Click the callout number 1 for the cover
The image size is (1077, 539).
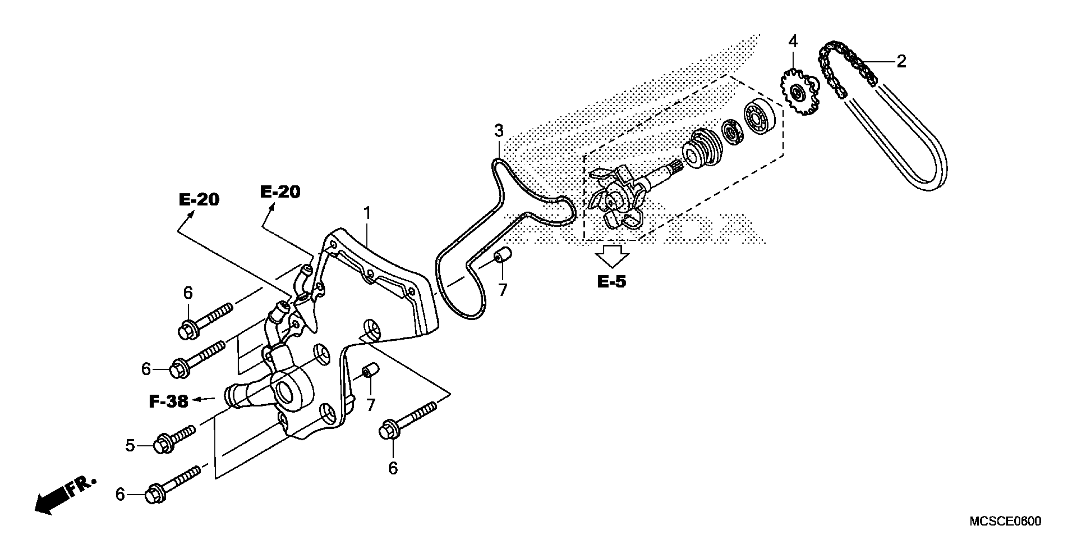tap(367, 214)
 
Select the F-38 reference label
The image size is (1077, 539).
tap(169, 402)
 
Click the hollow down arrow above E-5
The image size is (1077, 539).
tap(612, 256)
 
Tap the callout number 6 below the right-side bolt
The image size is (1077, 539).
tap(393, 468)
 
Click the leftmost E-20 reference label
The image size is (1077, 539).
tap(199, 200)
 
